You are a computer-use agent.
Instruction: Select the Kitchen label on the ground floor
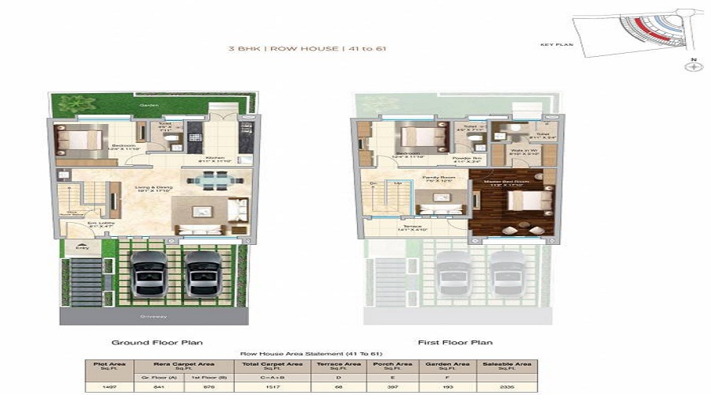pyautogui.click(x=215, y=158)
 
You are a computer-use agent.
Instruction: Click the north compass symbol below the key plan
pyautogui.click(x=694, y=66)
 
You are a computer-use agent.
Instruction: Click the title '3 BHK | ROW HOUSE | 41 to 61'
pyautogui.click(x=307, y=49)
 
